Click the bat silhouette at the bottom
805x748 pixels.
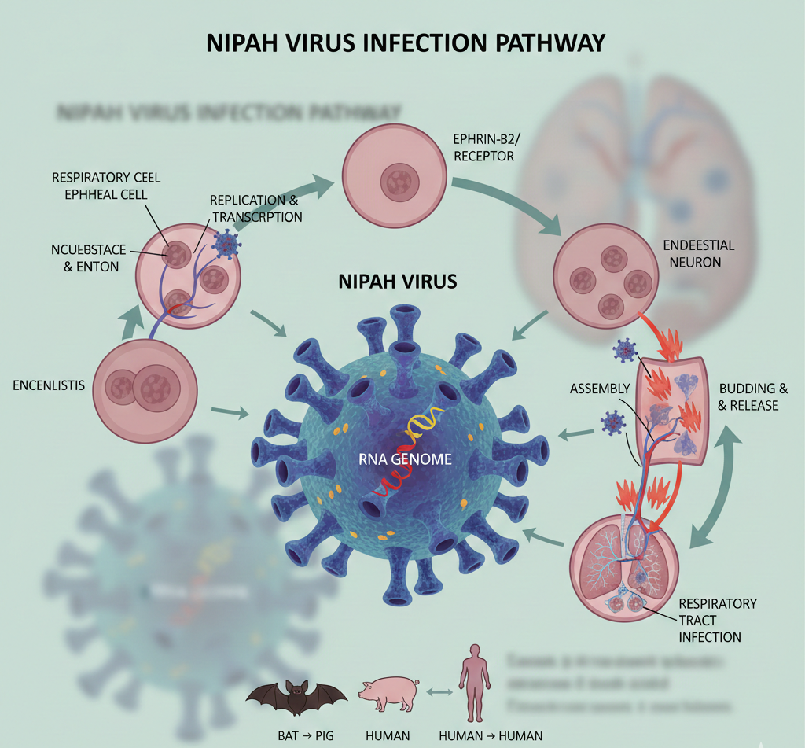click(x=296, y=696)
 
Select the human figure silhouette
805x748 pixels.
click(x=474, y=682)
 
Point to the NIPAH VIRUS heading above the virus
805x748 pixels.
click(x=397, y=281)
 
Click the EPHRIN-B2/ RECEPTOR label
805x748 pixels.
click(x=484, y=147)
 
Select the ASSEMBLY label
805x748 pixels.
click(x=601, y=389)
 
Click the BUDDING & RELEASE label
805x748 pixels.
click(x=748, y=396)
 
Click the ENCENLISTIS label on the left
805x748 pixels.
click(x=49, y=385)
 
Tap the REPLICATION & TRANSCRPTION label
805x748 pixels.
click(x=255, y=208)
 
